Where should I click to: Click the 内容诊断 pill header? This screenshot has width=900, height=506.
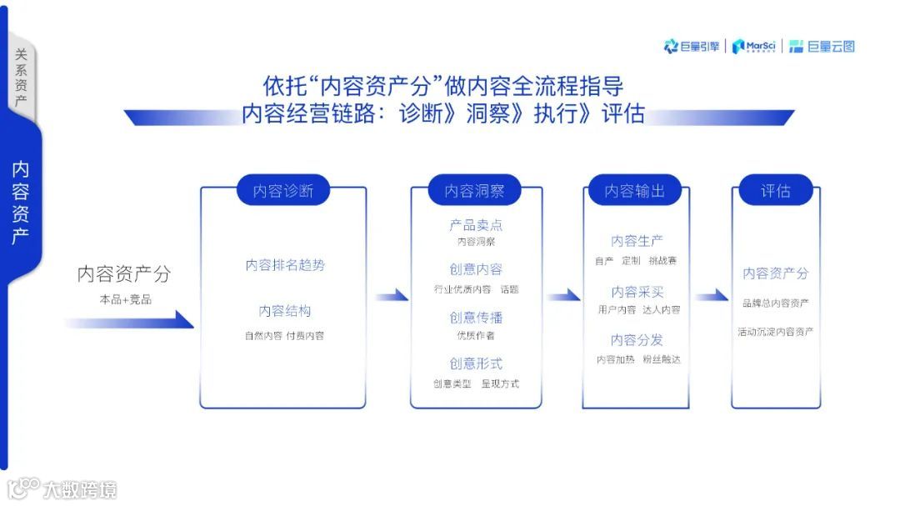(x=283, y=191)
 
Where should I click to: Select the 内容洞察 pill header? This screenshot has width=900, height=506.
(x=474, y=191)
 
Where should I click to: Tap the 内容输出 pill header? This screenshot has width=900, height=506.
(x=634, y=191)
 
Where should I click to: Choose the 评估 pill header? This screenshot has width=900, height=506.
(x=775, y=191)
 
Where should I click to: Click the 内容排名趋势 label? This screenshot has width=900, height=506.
(x=285, y=265)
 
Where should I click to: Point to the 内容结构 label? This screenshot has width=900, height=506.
(x=285, y=311)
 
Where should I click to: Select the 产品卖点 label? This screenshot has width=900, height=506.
(x=476, y=225)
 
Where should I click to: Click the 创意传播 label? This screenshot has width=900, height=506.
(x=476, y=318)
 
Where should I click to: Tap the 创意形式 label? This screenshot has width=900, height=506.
(x=476, y=363)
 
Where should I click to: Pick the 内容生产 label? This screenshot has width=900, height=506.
(x=637, y=241)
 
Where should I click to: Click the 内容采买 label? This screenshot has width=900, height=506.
(x=637, y=292)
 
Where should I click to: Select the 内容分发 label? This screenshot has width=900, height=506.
(x=637, y=340)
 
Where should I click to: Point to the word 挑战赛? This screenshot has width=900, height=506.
(x=662, y=261)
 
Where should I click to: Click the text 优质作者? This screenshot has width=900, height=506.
(x=476, y=335)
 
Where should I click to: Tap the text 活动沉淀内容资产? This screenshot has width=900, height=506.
(x=775, y=332)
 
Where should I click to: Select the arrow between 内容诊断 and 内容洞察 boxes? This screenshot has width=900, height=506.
(x=390, y=296)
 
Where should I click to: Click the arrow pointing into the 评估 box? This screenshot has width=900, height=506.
(x=712, y=296)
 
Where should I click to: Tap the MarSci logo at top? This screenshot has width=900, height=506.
(x=754, y=47)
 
